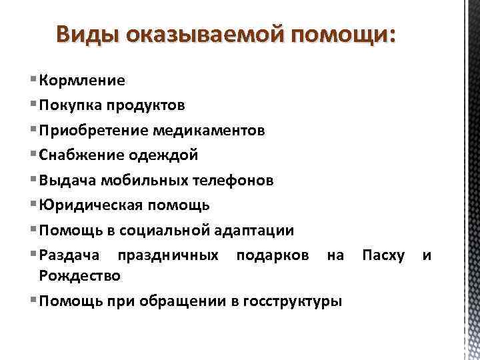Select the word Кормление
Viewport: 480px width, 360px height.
(82, 81)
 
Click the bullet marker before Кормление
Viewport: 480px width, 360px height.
(34, 81)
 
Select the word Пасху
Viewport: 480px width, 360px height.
(382, 255)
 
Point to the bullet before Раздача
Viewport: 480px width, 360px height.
(34, 255)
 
